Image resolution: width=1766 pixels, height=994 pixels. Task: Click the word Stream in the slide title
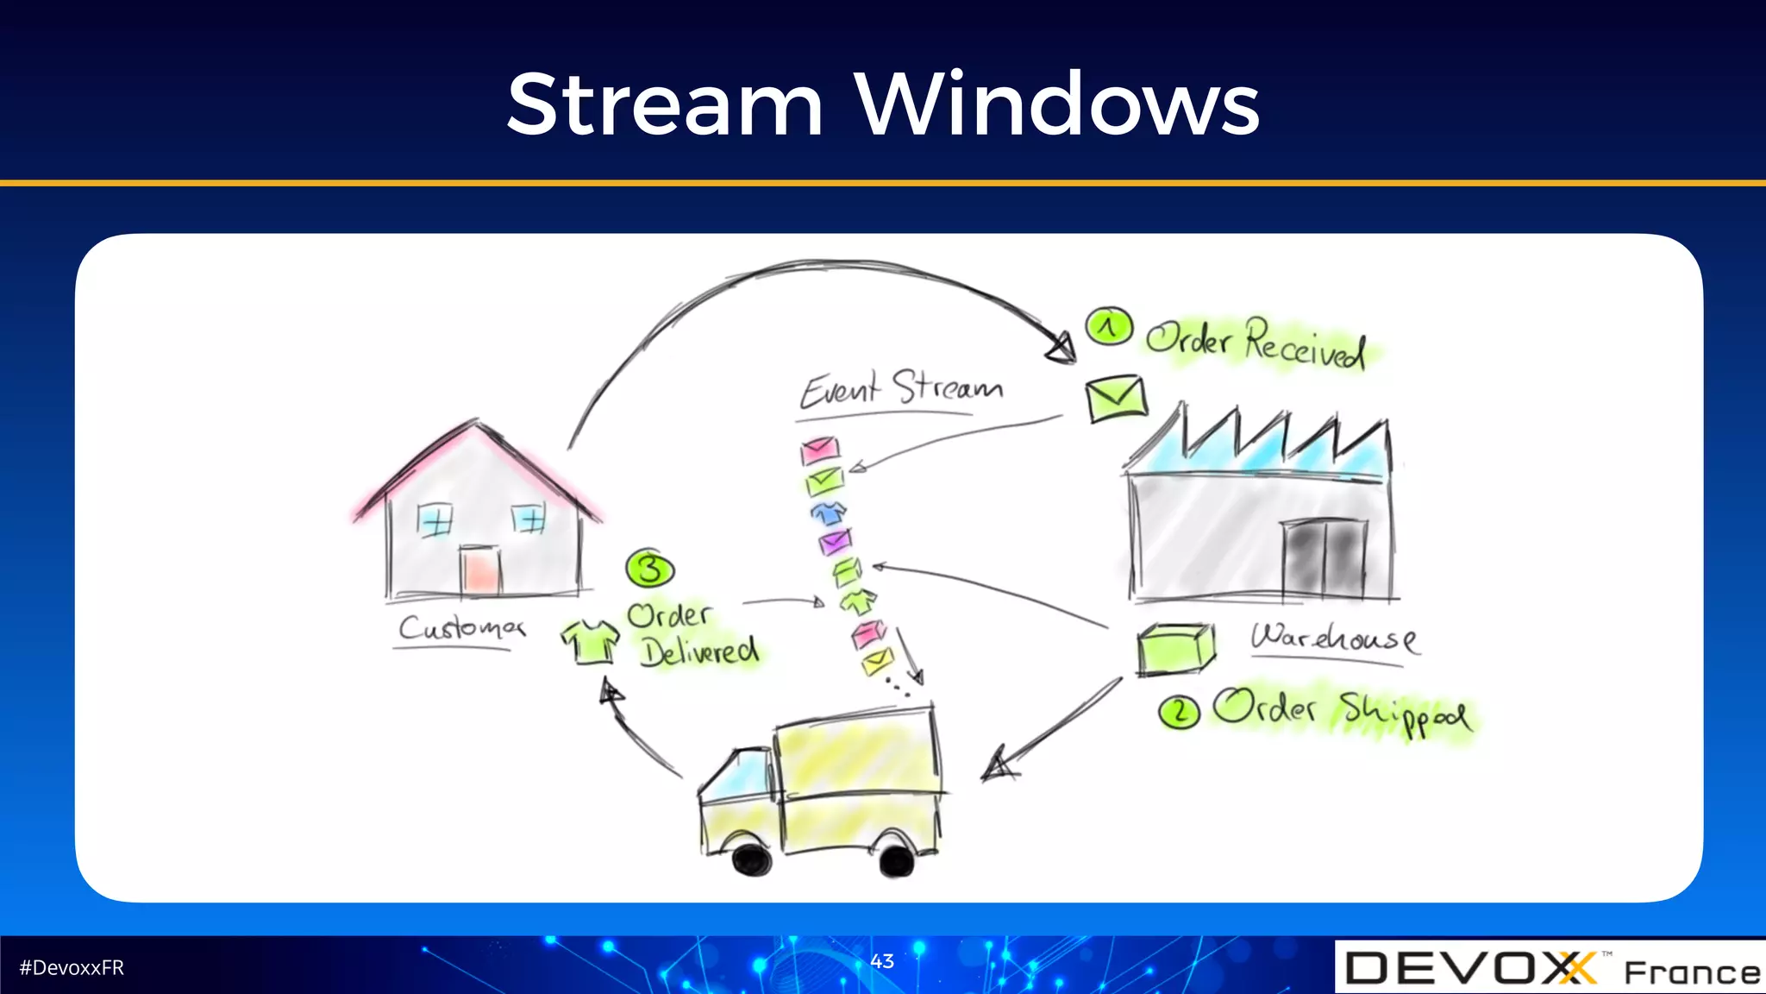click(665, 105)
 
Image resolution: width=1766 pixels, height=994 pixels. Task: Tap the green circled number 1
click(1109, 327)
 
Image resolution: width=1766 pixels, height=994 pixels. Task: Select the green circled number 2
click(1179, 712)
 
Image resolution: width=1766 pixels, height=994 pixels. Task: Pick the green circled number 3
click(650, 569)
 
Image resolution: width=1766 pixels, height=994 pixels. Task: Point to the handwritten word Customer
click(461, 627)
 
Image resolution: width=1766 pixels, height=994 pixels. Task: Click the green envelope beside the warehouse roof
click(1116, 398)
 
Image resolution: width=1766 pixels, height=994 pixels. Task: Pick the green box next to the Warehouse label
click(1174, 649)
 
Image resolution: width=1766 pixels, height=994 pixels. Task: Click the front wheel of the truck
click(751, 858)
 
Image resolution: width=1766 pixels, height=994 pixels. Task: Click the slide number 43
click(882, 961)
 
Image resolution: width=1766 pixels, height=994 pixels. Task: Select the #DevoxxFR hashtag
click(72, 968)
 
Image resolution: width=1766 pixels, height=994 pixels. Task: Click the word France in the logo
click(1692, 972)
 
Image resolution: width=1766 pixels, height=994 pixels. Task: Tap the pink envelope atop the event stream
click(819, 450)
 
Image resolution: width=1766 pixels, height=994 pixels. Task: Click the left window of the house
click(435, 520)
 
